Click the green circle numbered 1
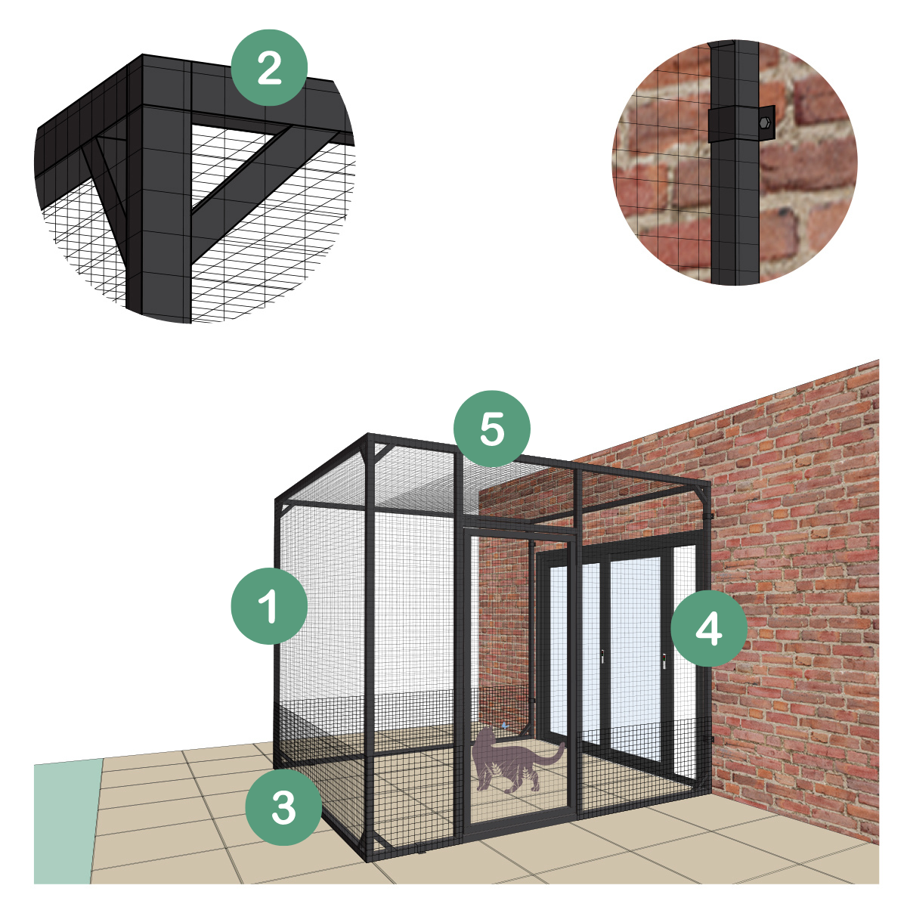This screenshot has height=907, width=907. point(269,606)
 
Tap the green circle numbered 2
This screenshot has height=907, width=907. point(269,68)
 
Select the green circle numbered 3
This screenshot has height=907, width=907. point(283,806)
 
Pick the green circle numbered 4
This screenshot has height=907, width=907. point(708,628)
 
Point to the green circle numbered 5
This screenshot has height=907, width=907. point(492,429)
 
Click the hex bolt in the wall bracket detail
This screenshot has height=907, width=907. point(765,121)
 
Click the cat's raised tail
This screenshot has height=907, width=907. point(556,753)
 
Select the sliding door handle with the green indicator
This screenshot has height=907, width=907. point(664,662)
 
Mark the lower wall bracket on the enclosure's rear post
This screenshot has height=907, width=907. point(711,737)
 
